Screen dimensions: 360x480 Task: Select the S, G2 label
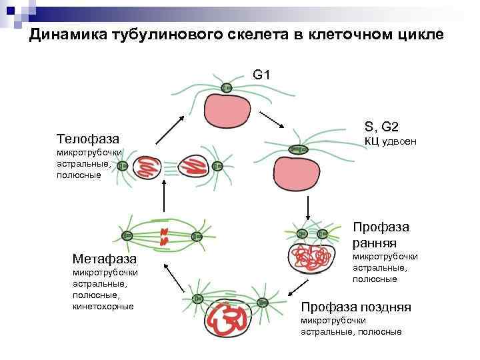[x=381, y=127]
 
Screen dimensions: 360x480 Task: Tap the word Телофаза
[x=87, y=139]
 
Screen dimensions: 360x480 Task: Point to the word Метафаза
[x=105, y=259]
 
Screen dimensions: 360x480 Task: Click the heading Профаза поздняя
[x=356, y=307]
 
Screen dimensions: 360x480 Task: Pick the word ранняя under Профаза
[x=375, y=242]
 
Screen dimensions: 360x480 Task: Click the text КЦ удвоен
[x=390, y=141]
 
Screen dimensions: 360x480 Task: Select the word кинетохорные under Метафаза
[x=103, y=306]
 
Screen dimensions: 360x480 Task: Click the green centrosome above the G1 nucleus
[x=226, y=87]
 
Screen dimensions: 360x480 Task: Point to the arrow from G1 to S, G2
[x=271, y=121]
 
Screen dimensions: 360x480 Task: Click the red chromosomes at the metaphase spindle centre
[x=163, y=236]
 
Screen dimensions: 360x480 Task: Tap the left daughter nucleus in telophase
[x=146, y=168]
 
